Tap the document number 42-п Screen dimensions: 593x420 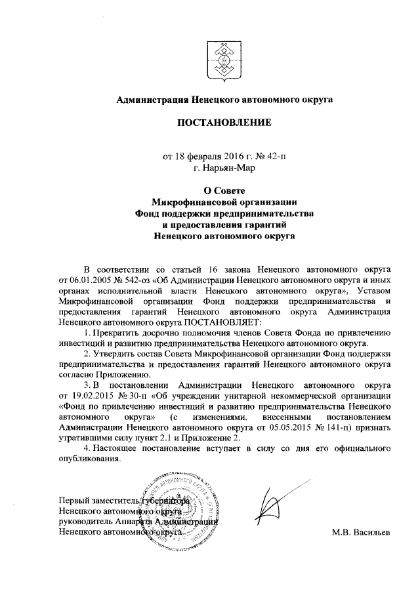274,156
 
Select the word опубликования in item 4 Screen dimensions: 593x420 89,459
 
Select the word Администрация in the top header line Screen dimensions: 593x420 152,100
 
